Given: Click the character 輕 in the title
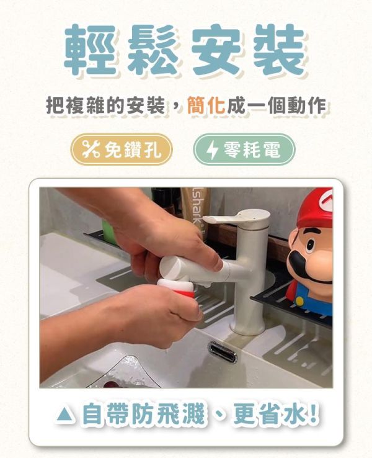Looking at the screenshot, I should click(91, 50).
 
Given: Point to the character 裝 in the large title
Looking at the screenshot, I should click(280, 50).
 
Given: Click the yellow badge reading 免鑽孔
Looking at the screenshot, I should click(121, 150).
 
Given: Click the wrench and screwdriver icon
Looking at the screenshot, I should click(91, 150).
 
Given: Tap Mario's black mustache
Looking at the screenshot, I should click(313, 264).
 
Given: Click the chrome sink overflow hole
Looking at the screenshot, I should click(222, 351).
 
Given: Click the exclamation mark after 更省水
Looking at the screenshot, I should click(312, 414).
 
